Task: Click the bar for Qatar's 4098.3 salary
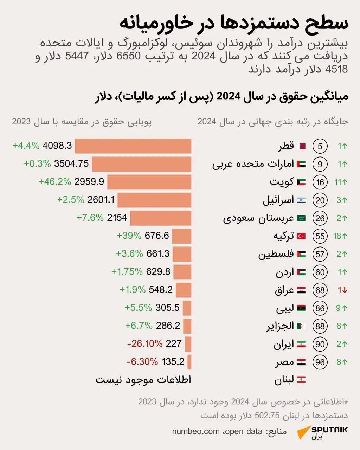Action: [133, 146]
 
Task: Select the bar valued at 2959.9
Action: [149, 182]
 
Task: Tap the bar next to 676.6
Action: [182, 236]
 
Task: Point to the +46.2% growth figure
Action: [55, 182]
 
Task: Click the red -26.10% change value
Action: [145, 343]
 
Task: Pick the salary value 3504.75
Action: [71, 164]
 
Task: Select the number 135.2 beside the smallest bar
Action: [173, 361]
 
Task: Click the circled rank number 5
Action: [320, 146]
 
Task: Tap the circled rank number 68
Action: [320, 290]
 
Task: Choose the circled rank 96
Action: [320, 362]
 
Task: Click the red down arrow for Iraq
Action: [345, 290]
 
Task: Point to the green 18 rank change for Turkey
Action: [340, 236]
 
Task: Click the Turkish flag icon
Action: [301, 236]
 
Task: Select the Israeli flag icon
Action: [301, 200]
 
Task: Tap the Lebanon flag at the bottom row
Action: [301, 380]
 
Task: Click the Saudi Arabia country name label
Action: [258, 218]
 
